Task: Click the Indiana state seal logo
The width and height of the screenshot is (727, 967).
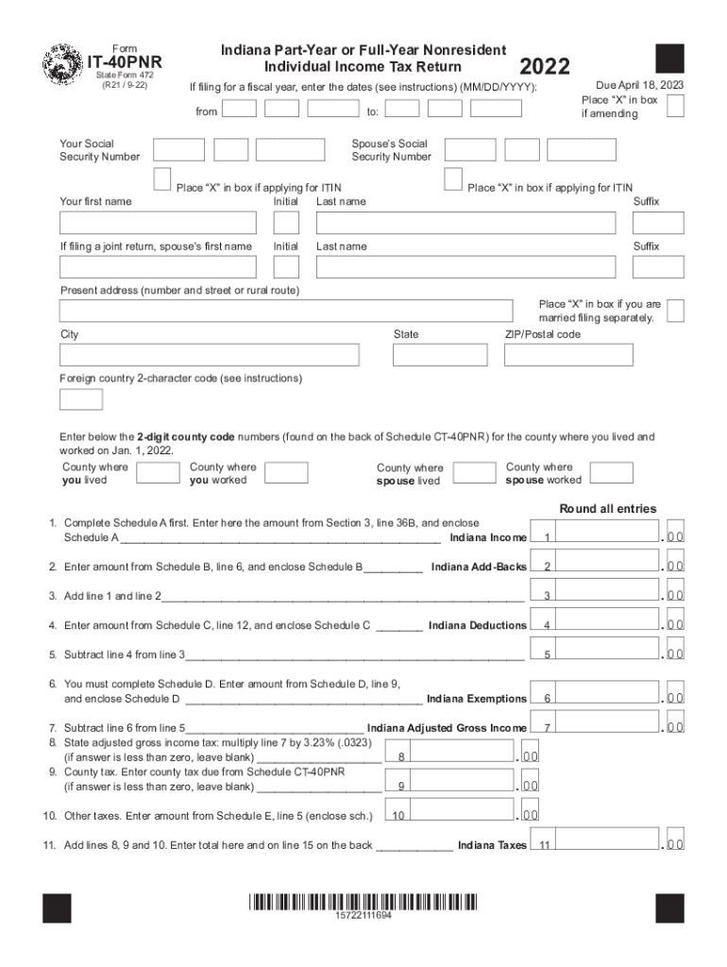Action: click(x=63, y=66)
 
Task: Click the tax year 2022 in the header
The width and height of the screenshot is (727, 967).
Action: click(x=545, y=66)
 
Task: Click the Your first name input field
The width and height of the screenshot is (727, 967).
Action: click(x=158, y=223)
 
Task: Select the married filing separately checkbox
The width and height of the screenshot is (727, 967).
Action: click(x=675, y=311)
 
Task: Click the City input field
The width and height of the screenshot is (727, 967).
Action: click(x=209, y=355)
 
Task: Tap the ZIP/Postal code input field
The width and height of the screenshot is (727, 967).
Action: click(x=568, y=355)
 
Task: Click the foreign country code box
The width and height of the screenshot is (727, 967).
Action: click(x=81, y=399)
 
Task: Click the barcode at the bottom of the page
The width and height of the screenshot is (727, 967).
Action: click(x=363, y=901)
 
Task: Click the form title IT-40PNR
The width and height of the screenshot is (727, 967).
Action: click(x=125, y=63)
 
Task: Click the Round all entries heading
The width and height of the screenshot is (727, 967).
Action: click(x=607, y=509)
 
